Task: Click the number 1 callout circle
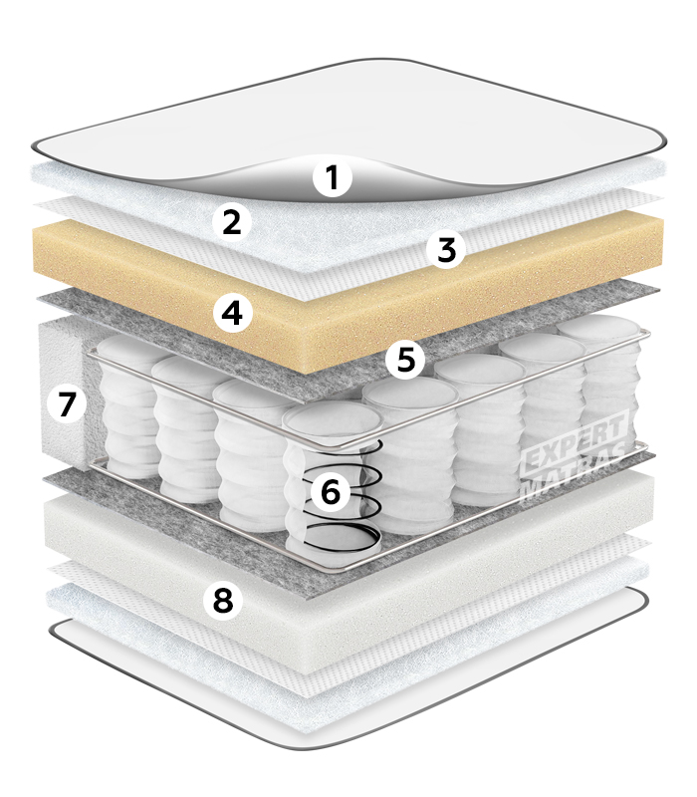333,178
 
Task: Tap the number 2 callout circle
232,222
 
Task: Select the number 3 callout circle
446,250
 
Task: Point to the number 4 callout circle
233,313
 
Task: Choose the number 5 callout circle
406,360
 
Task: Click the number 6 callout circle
331,492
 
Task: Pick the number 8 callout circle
223,600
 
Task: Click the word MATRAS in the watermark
575,474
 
